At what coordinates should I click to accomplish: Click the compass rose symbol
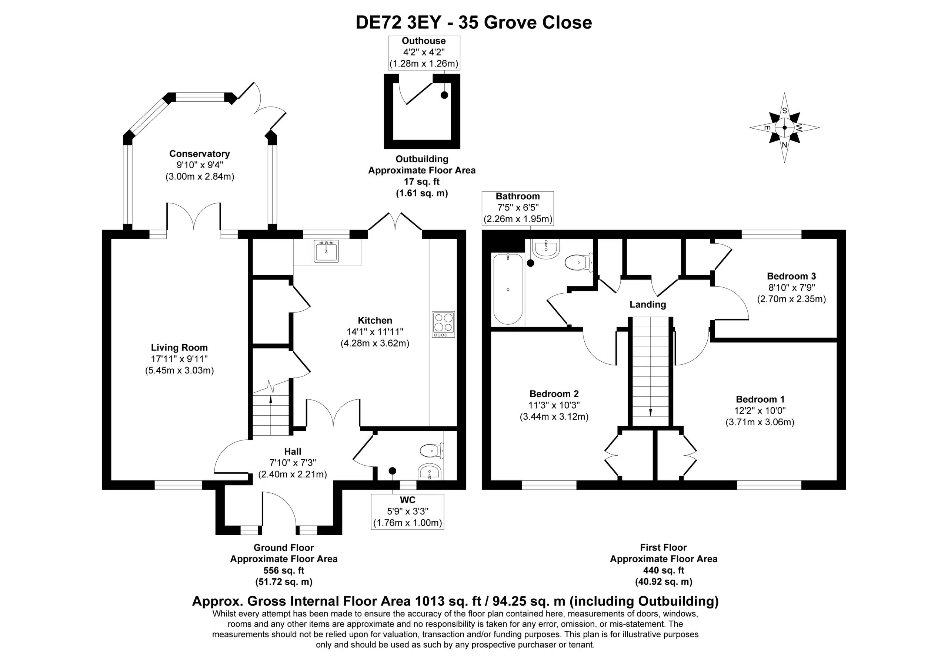784,128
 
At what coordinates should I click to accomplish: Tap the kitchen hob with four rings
443,324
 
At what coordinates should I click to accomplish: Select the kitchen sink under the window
326,251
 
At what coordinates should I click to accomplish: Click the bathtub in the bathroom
508,289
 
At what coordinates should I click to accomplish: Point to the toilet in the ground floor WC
432,450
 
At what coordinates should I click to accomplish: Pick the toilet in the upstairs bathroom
579,262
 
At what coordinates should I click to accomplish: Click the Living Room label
179,348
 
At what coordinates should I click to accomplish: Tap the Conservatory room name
200,154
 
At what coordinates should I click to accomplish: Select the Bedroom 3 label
791,276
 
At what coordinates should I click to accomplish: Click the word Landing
647,305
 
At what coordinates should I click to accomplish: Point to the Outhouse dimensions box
424,53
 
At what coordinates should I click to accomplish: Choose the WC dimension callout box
407,511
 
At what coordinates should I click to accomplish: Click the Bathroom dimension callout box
518,208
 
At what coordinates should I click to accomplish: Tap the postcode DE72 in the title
378,22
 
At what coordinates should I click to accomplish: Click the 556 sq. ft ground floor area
284,570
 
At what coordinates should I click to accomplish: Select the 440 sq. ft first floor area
664,570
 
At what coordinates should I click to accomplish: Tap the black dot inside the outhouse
444,95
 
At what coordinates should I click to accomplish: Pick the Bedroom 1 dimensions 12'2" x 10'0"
760,410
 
